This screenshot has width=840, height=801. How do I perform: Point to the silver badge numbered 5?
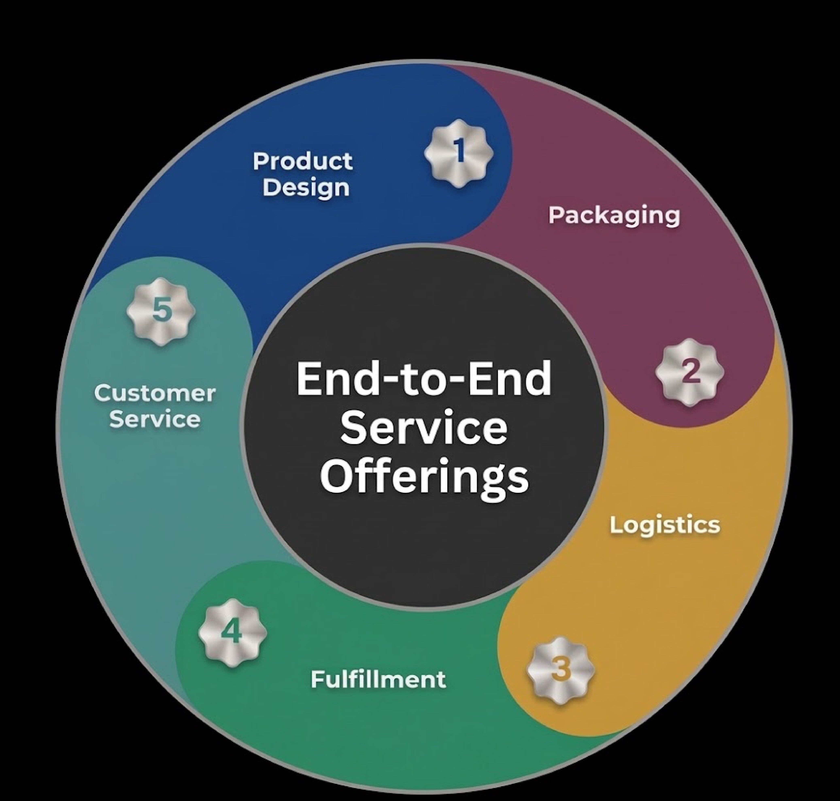(162, 311)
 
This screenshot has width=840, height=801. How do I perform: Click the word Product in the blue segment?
(303, 161)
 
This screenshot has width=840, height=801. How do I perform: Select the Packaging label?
(614, 216)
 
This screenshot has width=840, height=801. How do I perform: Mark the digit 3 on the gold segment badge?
(561, 669)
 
